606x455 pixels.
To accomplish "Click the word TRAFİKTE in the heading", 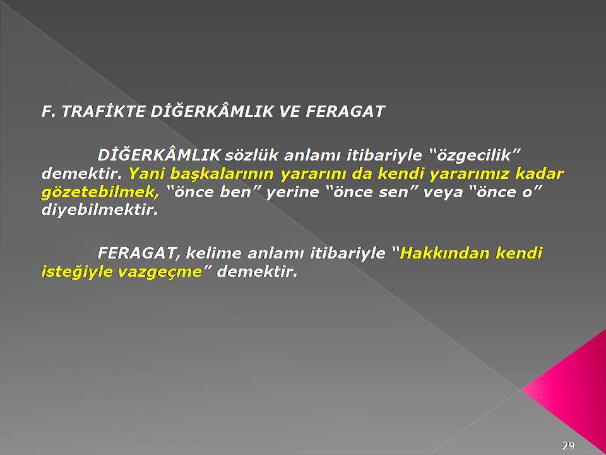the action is coord(103,111).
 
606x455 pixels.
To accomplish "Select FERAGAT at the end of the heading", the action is coord(345,111).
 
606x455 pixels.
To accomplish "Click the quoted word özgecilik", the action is coord(474,155).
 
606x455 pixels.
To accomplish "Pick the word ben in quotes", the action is coord(235,192).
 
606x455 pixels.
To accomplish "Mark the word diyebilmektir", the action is coord(100,210).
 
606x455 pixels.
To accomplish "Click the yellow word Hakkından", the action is coord(445,253).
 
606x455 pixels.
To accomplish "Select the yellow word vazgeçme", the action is coord(160,272).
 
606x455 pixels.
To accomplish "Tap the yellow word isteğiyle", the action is coord(76,272).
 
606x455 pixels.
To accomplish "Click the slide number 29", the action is coord(568,445).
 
